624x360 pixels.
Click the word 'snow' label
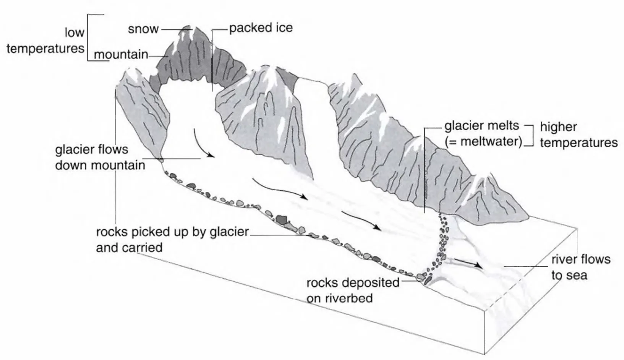pyautogui.click(x=143, y=29)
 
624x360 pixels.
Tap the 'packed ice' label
pyautogui.click(x=261, y=28)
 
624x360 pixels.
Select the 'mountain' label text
pyautogui.click(x=121, y=55)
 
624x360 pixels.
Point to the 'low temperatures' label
pyautogui.click(x=46, y=41)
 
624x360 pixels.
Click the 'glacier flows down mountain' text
pyautogui.click(x=100, y=157)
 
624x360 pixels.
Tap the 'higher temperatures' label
pyautogui.click(x=579, y=135)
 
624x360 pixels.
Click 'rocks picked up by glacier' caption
pyautogui.click(x=172, y=232)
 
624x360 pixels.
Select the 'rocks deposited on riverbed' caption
pyautogui.click(x=352, y=290)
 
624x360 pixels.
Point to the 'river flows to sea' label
pyautogui.click(x=580, y=267)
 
